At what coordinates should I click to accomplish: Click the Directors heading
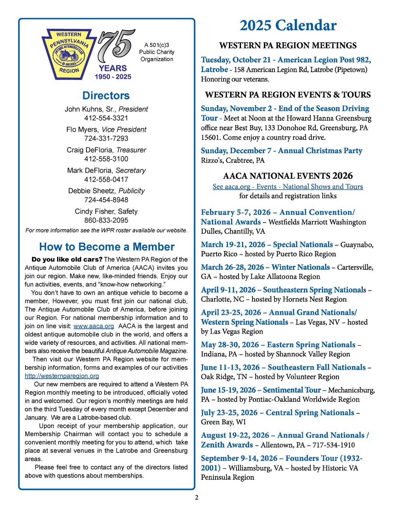coord(106,95)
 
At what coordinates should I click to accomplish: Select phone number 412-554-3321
coord(106,118)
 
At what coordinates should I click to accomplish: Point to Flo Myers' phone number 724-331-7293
coord(106,138)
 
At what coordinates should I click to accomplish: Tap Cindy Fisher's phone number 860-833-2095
coord(106,220)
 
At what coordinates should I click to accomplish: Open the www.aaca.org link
coord(94,326)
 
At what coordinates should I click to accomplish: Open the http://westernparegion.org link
coord(62,376)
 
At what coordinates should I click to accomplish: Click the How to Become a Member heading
coord(107,246)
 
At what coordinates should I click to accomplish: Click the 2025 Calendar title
coord(288,26)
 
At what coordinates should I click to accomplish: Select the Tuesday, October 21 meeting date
coord(236,60)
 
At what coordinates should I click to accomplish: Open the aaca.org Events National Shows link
coord(288,186)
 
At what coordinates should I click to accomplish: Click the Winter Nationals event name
coord(301,267)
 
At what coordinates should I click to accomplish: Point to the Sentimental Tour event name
coord(292,390)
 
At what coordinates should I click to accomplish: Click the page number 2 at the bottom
coord(196,498)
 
